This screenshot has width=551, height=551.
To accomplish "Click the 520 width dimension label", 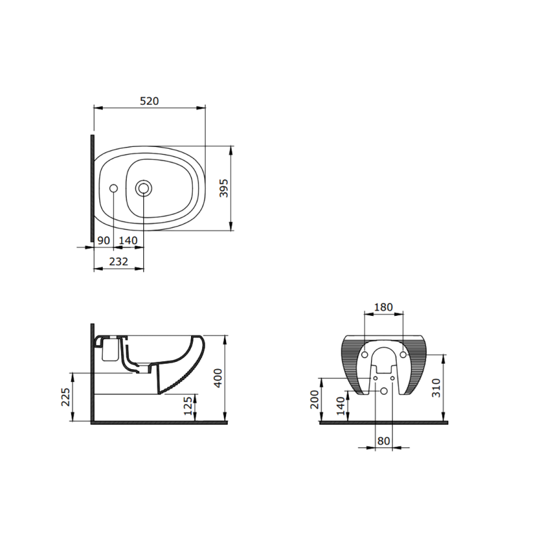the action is coord(149,101).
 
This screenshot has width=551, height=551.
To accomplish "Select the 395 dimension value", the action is coord(224,188).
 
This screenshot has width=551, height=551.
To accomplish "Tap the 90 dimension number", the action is coord(103,241).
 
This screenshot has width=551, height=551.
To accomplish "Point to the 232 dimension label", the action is coord(118,262).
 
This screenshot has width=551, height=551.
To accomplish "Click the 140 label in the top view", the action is coord(128,241).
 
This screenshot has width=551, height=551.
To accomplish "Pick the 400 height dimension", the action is coord(218,378).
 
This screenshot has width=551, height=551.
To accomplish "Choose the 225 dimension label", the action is coord(66,397).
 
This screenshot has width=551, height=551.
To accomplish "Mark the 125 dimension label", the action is coord(189,405).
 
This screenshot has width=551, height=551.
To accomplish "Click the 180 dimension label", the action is coord(383,307).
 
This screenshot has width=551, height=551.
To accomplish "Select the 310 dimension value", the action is coord(436,388).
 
